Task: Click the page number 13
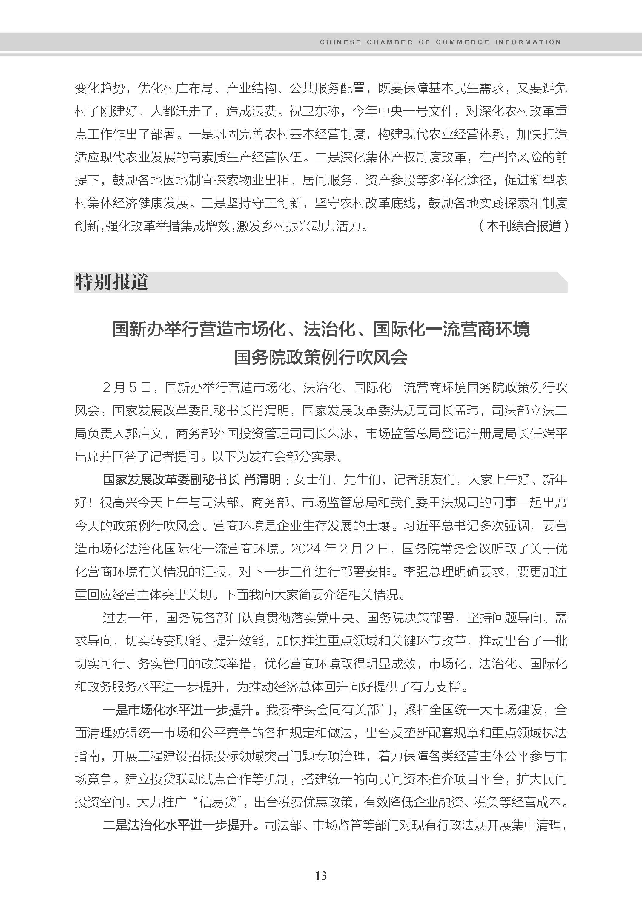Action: [321, 875]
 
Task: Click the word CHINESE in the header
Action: [340, 42]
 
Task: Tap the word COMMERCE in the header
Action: [462, 42]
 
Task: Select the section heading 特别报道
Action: [111, 282]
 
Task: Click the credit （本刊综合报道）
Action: [523, 226]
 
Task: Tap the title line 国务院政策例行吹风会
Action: [321, 357]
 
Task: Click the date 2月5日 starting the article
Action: [127, 388]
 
